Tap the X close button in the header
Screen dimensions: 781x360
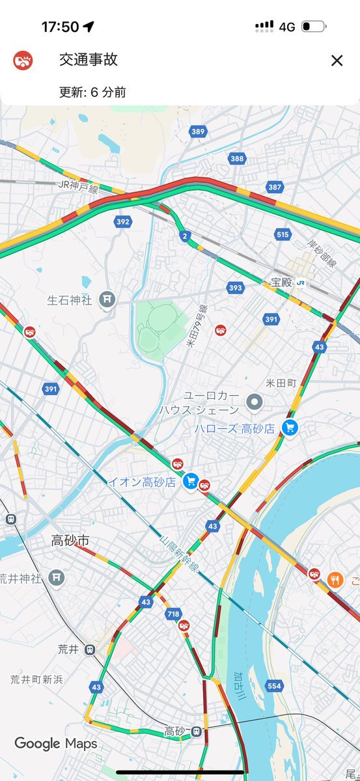click(x=337, y=61)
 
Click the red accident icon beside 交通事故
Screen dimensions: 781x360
click(x=23, y=61)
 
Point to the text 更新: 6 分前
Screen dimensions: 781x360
click(x=92, y=92)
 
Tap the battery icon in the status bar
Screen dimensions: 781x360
click(x=314, y=27)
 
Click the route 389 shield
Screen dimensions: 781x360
click(x=199, y=132)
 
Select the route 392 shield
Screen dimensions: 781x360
click(x=122, y=221)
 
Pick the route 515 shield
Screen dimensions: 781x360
click(x=282, y=234)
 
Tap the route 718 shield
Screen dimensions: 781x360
click(x=173, y=614)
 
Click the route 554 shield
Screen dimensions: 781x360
click(x=274, y=686)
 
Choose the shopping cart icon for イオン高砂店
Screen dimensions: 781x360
click(x=190, y=481)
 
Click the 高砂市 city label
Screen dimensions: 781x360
click(x=70, y=541)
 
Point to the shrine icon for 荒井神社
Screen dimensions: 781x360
click(x=57, y=577)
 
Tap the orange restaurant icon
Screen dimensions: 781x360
click(x=335, y=579)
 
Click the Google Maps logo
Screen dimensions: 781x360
click(x=55, y=743)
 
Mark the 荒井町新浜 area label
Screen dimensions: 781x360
click(x=36, y=679)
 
